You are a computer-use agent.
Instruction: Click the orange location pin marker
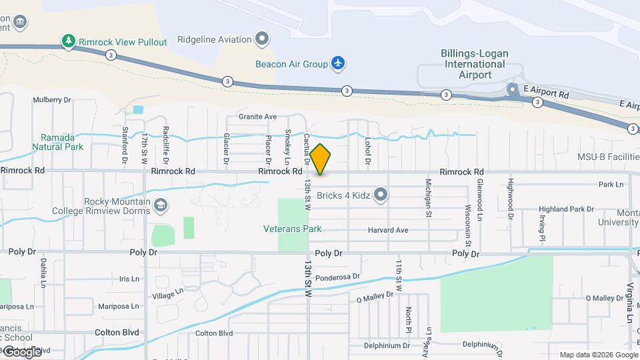(320, 159)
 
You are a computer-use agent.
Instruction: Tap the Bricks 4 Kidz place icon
(381, 195)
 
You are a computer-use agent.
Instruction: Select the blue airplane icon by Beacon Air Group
(339, 63)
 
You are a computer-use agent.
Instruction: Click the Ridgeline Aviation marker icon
(263, 39)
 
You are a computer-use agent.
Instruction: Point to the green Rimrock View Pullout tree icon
(68, 41)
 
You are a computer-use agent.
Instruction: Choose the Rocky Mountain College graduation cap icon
(160, 204)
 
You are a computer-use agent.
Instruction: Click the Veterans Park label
(292, 229)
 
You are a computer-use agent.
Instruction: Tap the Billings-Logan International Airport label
(473, 64)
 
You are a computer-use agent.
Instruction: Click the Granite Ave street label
(257, 117)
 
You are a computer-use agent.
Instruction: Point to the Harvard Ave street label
(387, 231)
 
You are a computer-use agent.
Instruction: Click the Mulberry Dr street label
(51, 100)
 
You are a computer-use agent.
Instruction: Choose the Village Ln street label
(167, 293)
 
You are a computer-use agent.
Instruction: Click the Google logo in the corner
(22, 351)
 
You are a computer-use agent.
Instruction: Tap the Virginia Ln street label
(629, 303)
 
